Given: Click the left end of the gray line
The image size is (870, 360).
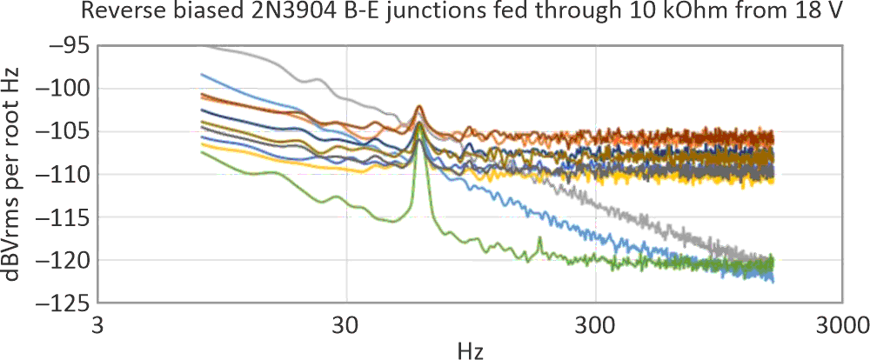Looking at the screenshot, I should (x=202, y=45).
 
